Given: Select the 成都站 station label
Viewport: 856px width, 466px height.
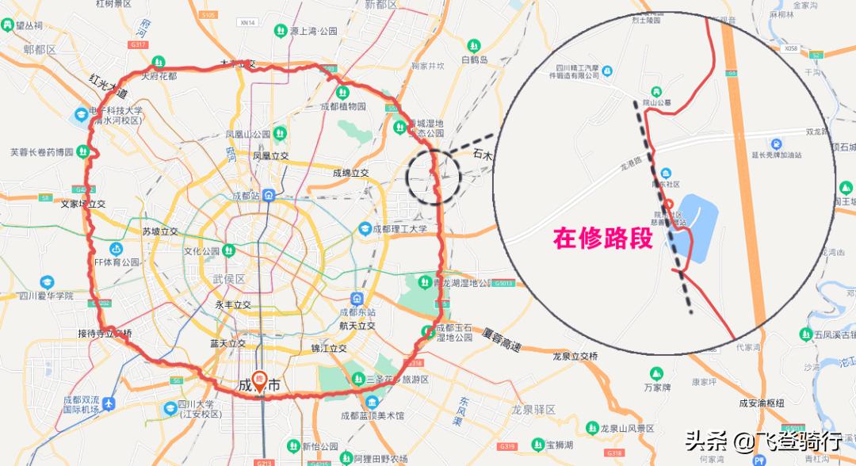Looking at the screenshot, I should tap(246, 195).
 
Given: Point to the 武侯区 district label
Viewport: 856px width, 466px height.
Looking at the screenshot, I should tap(229, 280).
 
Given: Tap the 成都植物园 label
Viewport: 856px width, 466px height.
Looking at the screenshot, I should tap(343, 106).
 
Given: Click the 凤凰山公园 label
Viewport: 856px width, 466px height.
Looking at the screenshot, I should tap(248, 134).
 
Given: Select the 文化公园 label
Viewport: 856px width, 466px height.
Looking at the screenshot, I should tap(201, 251).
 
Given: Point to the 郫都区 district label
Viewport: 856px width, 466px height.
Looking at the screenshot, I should tap(40, 49).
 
